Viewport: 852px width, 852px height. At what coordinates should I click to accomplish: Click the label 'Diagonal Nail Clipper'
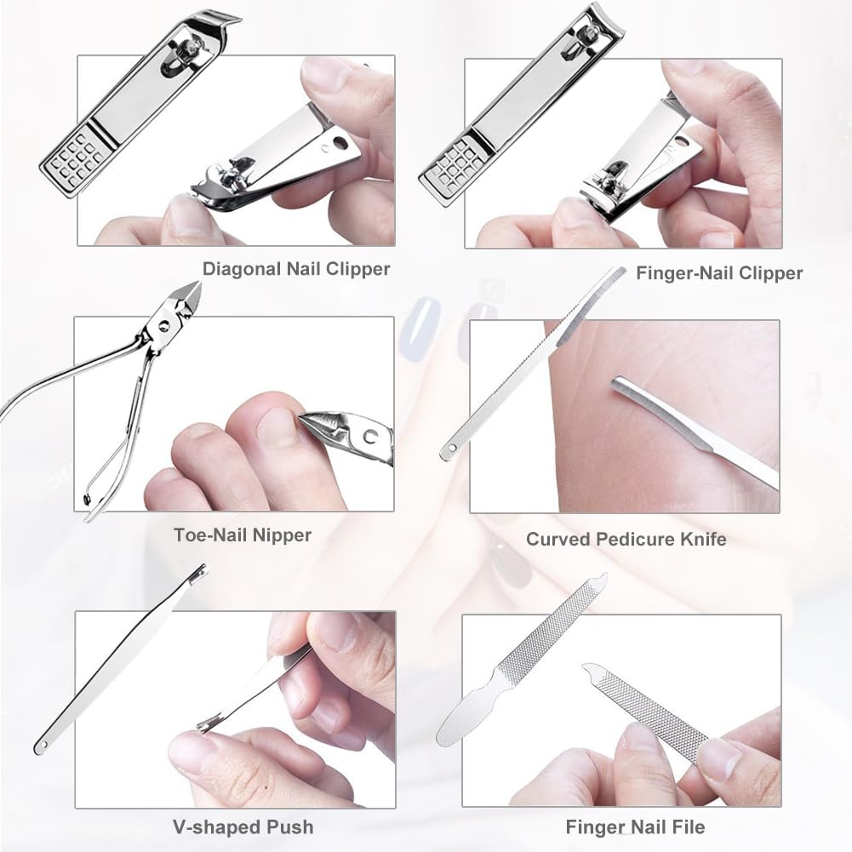296,269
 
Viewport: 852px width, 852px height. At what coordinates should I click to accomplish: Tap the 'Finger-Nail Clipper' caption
719,273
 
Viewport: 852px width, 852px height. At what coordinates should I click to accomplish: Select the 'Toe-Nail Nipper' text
243,535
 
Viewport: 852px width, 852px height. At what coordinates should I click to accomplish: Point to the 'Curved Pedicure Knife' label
626,539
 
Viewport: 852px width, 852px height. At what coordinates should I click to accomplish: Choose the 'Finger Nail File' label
635,826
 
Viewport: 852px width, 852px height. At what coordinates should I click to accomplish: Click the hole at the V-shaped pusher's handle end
41,746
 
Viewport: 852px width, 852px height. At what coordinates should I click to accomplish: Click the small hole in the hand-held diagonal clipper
341,144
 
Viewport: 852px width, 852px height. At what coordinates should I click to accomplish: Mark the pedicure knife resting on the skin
689,433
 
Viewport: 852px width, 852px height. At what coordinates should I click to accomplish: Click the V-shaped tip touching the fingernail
209,723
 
